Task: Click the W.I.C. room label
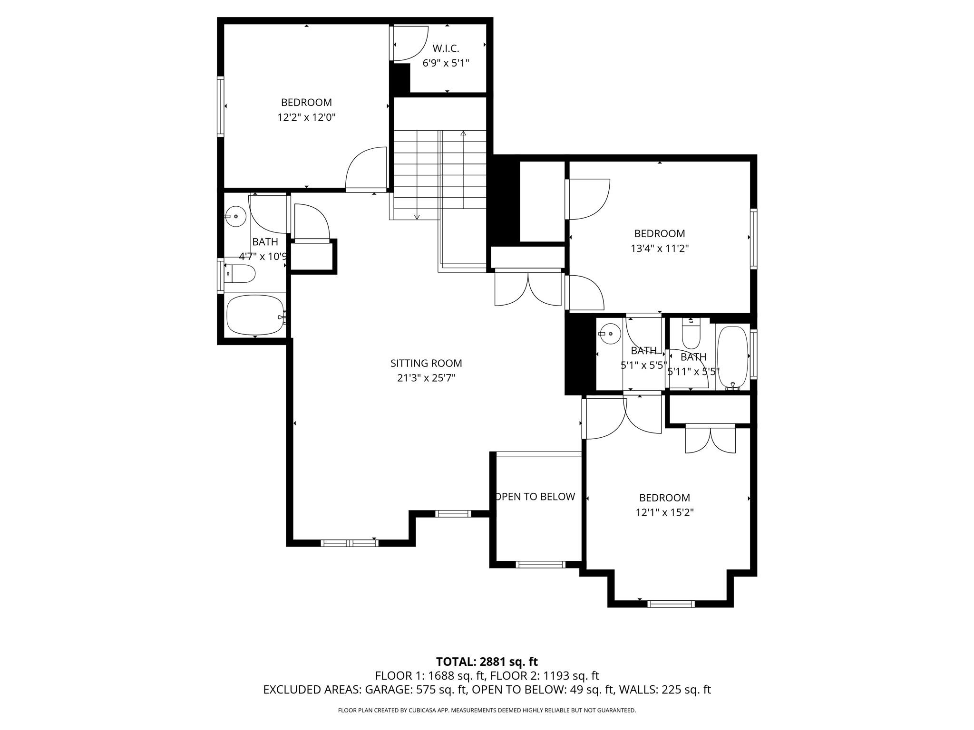(446, 48)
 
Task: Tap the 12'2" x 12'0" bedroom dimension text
(307, 117)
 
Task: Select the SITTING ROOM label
(426, 363)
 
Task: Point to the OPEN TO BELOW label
(536, 497)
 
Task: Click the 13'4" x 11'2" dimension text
(660, 248)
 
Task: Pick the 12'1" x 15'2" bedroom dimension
(664, 512)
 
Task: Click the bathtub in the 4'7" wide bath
(255, 315)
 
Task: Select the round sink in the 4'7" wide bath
(236, 217)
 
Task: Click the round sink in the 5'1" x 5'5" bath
(610, 334)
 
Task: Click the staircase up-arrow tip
(463, 133)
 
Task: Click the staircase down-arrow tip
(417, 217)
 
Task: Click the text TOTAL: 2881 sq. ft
(487, 662)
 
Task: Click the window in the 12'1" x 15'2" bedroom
(671, 604)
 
